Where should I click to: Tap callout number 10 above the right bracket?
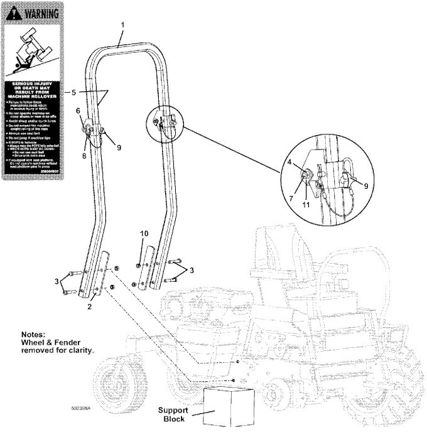[144, 234]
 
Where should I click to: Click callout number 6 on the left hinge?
[78, 111]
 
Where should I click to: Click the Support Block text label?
[174, 414]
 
